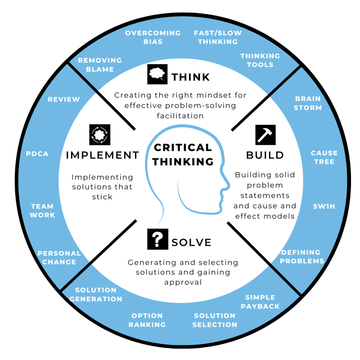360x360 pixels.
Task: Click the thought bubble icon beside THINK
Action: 157,74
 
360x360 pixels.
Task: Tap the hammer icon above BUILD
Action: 265,135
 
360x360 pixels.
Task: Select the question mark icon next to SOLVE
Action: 157,239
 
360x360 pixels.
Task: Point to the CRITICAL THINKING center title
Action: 182,154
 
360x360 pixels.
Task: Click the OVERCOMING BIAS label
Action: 153,37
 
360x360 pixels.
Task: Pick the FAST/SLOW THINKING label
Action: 218,37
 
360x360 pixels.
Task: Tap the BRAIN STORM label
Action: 308,103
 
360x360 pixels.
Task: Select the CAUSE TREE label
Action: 324,157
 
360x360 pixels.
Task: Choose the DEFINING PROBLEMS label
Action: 302,256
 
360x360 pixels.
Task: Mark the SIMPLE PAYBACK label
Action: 260,302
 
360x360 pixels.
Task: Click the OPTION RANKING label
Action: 147,320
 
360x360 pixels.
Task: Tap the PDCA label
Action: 37,154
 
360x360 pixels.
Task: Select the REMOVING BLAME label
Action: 100,65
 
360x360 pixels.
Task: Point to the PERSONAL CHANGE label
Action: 59,258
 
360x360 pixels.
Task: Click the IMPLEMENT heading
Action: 103,155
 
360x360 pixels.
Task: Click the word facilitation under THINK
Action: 180,116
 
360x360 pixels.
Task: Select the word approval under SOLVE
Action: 183,282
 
